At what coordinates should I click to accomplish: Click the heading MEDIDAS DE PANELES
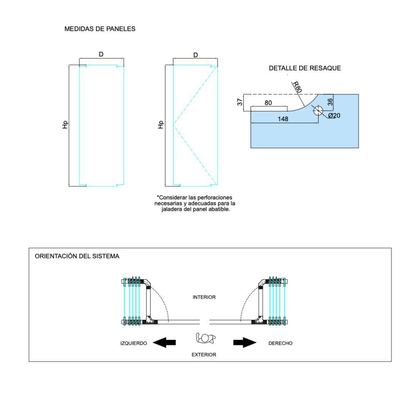(x=100, y=29)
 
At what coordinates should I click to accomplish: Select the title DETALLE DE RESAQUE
(x=305, y=68)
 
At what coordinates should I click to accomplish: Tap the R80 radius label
(x=297, y=87)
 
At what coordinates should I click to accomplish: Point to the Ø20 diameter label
(x=334, y=115)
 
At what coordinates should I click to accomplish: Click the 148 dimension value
(x=283, y=119)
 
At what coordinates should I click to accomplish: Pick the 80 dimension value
(x=268, y=103)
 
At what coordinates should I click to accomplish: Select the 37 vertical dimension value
(x=240, y=102)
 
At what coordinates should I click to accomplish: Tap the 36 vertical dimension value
(x=330, y=102)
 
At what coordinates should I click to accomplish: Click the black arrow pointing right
(x=245, y=342)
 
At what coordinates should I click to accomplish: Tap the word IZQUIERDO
(x=134, y=343)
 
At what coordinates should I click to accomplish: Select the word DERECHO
(x=280, y=343)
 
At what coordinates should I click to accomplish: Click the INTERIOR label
(x=204, y=297)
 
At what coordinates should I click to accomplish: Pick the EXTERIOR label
(x=204, y=355)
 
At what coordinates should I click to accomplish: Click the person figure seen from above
(x=205, y=337)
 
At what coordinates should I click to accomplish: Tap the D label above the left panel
(x=101, y=55)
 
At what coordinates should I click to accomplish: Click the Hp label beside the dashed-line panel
(x=161, y=124)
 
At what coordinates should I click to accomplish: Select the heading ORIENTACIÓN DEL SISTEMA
(x=77, y=256)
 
